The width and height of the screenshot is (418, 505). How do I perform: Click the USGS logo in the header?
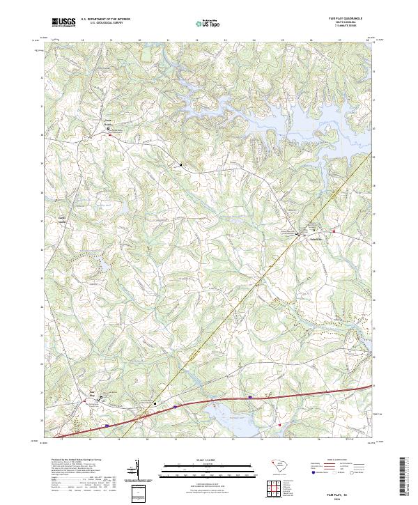click(x=63, y=23)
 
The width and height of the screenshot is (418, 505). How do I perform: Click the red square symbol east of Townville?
click(x=334, y=231)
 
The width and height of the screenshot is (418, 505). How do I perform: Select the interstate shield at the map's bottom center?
click(x=249, y=398)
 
